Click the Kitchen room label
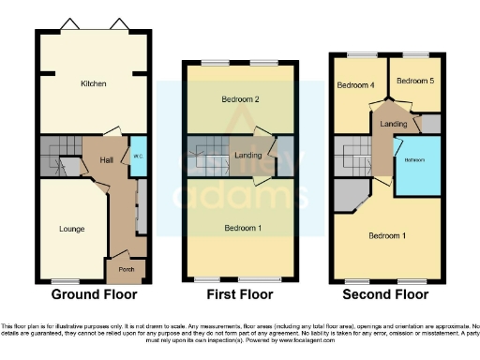(93, 84)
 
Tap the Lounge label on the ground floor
(58, 229)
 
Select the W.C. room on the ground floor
(137, 157)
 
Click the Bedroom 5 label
(412, 82)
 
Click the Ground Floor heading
(90, 294)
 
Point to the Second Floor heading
(385, 294)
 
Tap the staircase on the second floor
(354, 157)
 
